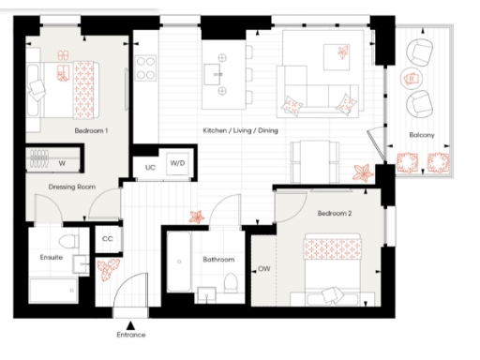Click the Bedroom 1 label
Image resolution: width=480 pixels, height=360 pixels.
91,131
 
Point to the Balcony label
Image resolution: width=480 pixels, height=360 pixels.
420,135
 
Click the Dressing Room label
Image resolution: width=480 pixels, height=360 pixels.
72,187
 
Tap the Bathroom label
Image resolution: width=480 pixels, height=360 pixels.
217,259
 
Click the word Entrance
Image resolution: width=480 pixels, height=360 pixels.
130,334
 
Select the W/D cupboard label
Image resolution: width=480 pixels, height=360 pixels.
177,163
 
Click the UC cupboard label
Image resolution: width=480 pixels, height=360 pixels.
150,167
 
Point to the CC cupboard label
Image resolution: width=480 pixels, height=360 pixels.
107,239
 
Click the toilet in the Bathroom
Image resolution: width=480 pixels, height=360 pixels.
231,283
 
